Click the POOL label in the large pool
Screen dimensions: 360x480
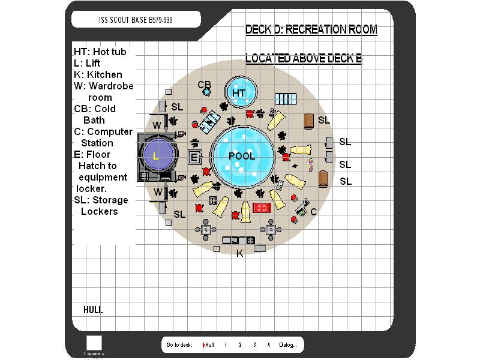pyautogui.click(x=242, y=156)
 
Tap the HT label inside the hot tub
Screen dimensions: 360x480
pyautogui.click(x=239, y=93)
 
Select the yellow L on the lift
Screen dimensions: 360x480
pyautogui.click(x=156, y=157)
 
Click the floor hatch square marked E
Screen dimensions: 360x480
pyautogui.click(x=194, y=158)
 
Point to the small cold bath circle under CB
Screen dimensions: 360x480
pyautogui.click(x=207, y=92)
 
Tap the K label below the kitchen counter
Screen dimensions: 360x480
pyautogui.click(x=239, y=254)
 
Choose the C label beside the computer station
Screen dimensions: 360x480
pyautogui.click(x=313, y=212)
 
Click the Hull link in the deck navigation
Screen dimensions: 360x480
pyautogui.click(x=208, y=345)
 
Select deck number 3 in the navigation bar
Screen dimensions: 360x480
pyautogui.click(x=254, y=345)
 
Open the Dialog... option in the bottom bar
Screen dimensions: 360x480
pyautogui.click(x=287, y=345)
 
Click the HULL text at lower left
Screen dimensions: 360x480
pyautogui.click(x=93, y=310)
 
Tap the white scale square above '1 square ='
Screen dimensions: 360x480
pyautogui.click(x=94, y=343)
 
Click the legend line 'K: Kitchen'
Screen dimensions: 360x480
pyautogui.click(x=98, y=74)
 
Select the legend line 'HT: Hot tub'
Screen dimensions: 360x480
pyautogui.click(x=100, y=52)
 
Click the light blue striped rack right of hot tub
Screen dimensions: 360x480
pyautogui.click(x=286, y=98)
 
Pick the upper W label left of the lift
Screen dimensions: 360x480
pyautogui.click(x=157, y=125)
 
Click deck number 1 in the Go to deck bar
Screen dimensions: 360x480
pyautogui.click(x=226, y=345)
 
